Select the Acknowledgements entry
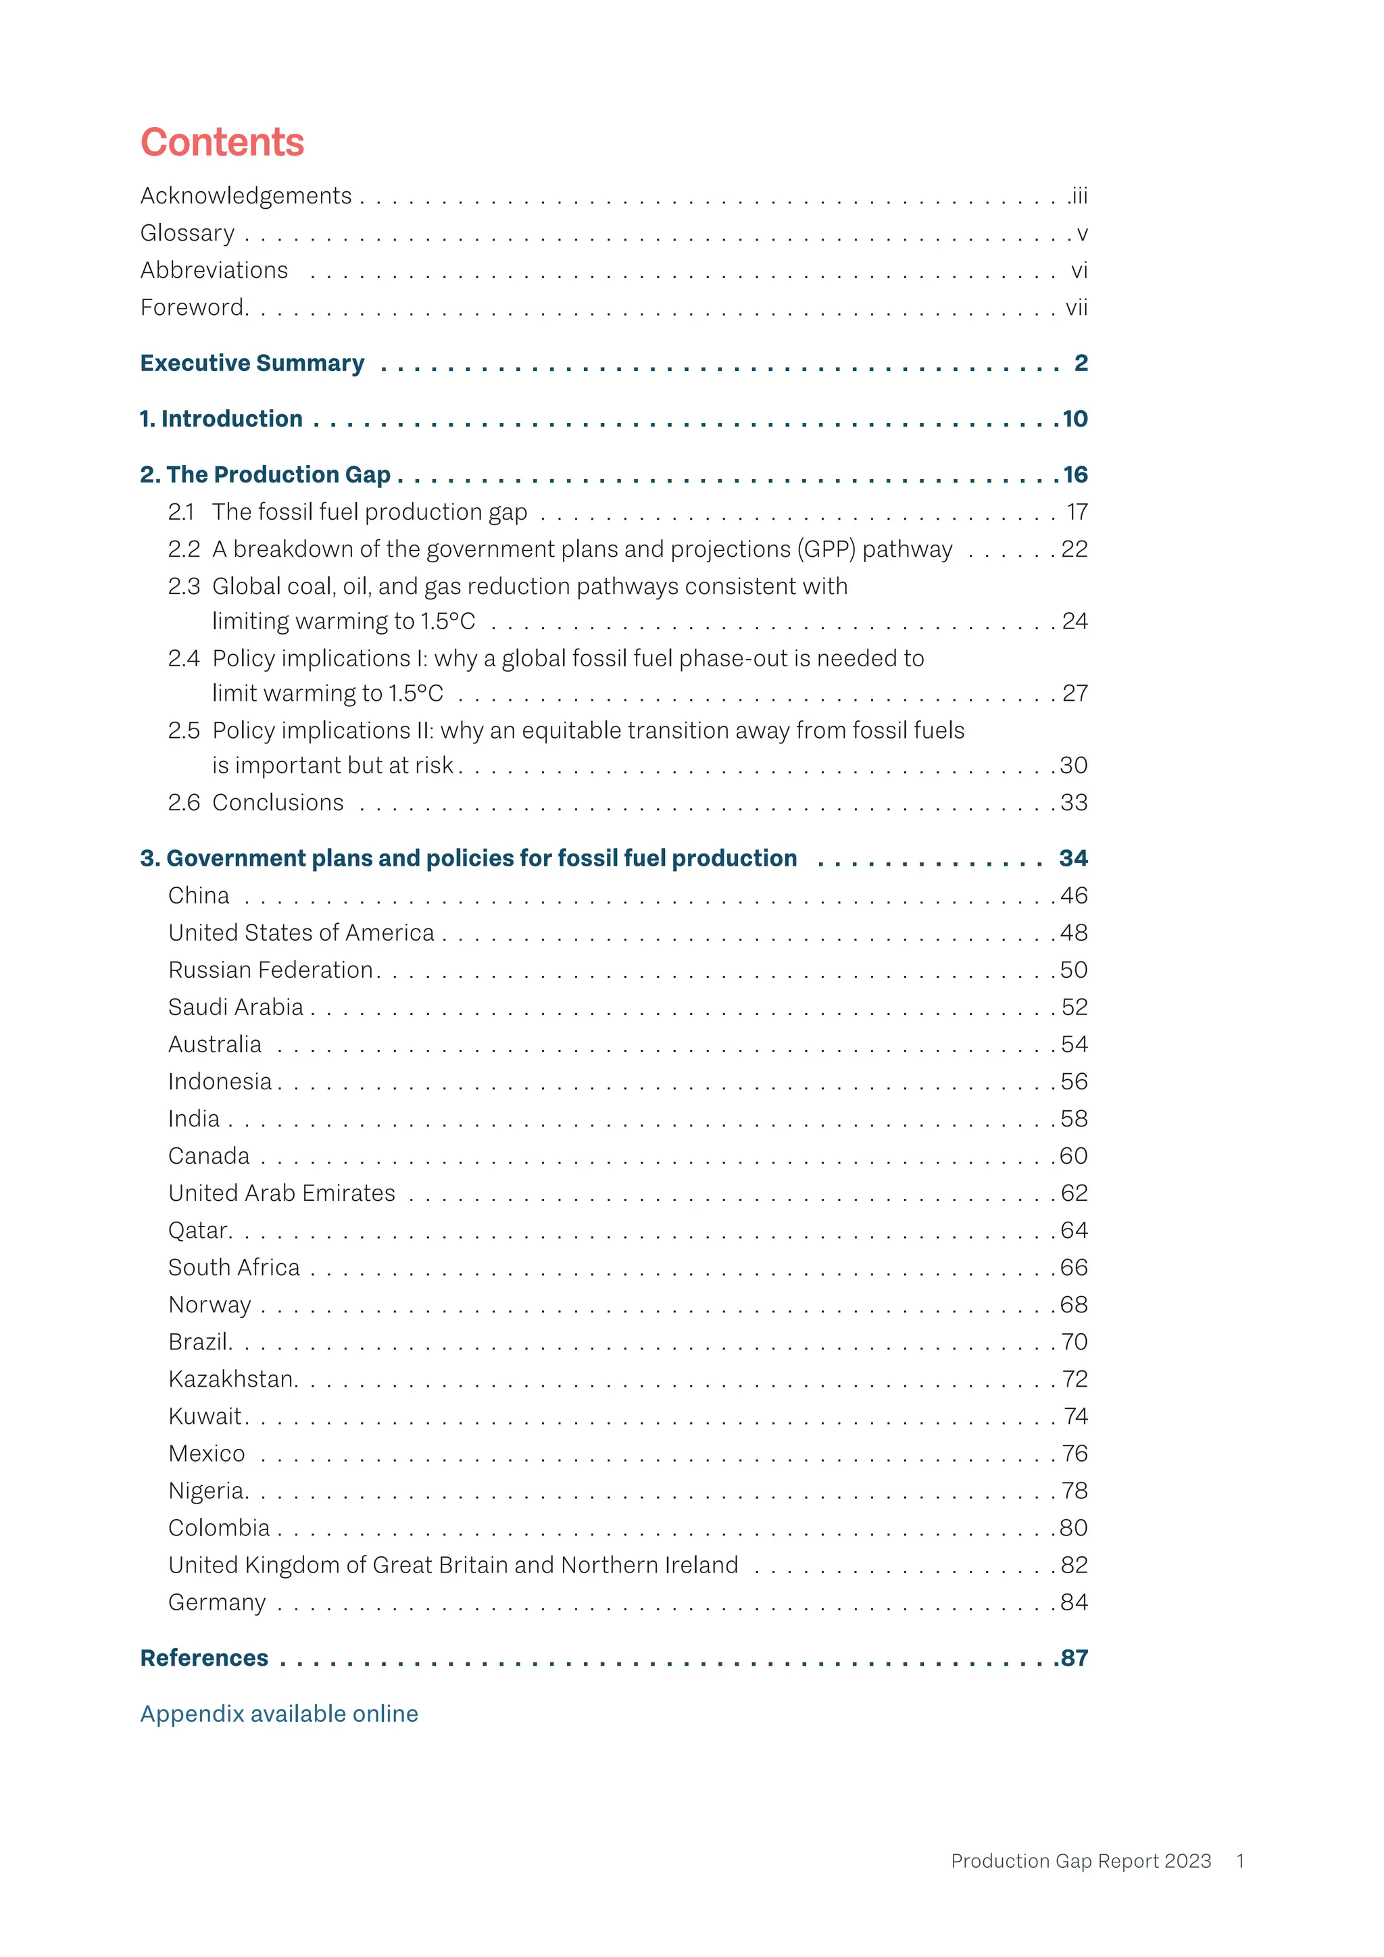pyautogui.click(x=245, y=196)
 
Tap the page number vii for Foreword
pyautogui.click(x=1077, y=307)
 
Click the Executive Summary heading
pyautogui.click(x=252, y=363)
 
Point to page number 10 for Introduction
pyautogui.click(x=1074, y=420)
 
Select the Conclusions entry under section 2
pyautogui.click(x=278, y=803)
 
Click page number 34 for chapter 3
pyautogui.click(x=1073, y=858)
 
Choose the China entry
pyautogui.click(x=199, y=896)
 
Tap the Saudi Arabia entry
pyautogui.click(x=235, y=1008)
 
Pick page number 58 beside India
pyautogui.click(x=1074, y=1119)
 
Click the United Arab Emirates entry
pyautogui.click(x=281, y=1193)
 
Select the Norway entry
pyautogui.click(x=209, y=1305)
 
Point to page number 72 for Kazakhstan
pyautogui.click(x=1074, y=1379)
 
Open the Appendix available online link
pyautogui.click(x=278, y=1714)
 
